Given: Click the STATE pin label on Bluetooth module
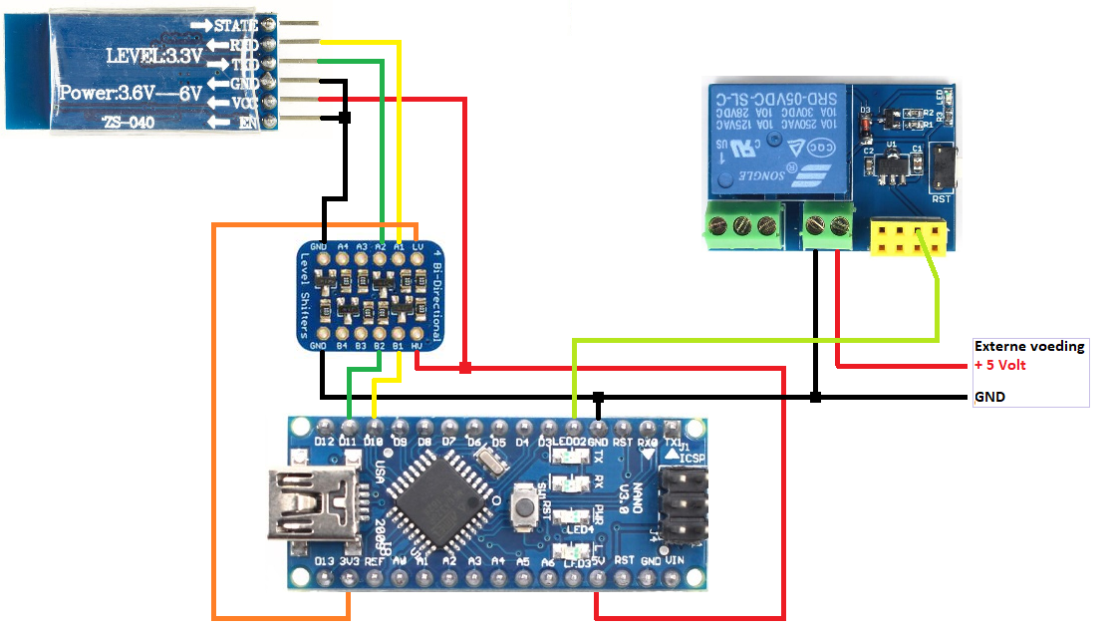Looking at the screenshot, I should click(237, 24).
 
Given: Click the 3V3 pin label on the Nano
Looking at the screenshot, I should click(349, 562).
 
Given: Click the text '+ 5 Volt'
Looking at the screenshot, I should click(1000, 365).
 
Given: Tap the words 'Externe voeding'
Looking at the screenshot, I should click(1029, 347).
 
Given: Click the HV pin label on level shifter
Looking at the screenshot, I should click(417, 346).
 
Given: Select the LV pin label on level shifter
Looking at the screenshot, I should click(417, 245).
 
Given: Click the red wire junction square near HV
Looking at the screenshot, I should click(465, 369).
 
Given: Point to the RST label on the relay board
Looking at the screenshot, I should click(941, 198).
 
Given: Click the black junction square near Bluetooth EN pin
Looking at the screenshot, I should click(346, 119).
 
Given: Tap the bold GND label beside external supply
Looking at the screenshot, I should click(990, 397).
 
